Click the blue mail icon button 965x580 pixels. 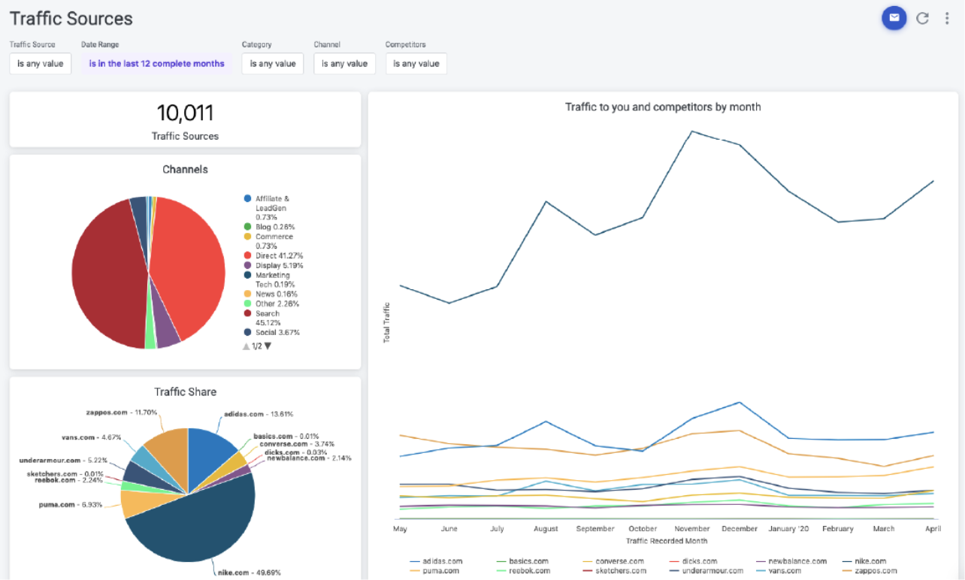point(894,18)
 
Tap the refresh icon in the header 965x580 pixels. point(922,19)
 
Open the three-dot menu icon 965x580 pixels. point(946,19)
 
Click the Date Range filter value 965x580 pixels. point(156,64)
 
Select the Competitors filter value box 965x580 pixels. point(416,64)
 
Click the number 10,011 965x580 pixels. point(185,113)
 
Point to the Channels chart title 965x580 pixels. point(185,170)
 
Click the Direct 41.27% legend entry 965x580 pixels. point(278,256)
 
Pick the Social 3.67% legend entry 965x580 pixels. point(277,332)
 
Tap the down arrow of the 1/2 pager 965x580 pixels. point(268,346)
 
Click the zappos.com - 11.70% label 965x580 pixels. point(121,412)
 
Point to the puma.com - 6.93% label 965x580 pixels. point(70,505)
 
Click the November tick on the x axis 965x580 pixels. point(691,529)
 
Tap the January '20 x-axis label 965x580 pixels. point(789,529)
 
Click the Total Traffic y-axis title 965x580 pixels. point(387,322)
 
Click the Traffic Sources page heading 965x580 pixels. point(71,19)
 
